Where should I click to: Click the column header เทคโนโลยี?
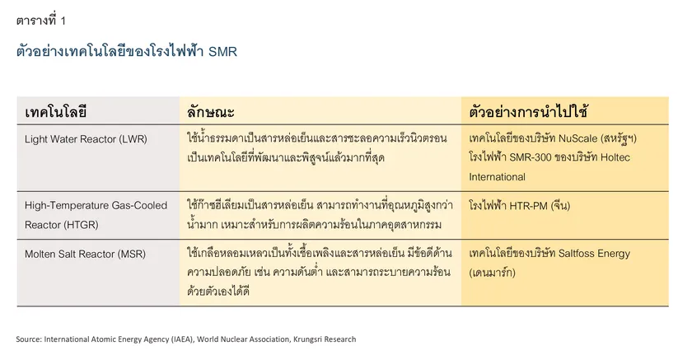coord(56,111)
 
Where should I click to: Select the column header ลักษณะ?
coord(211,111)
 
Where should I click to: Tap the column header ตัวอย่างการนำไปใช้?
coord(528,111)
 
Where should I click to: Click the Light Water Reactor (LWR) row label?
coord(86,139)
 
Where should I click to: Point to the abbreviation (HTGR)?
coord(80,225)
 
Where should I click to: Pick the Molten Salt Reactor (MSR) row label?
coord(85,254)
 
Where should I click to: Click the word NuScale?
coord(577,138)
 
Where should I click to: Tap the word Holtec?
coord(615,157)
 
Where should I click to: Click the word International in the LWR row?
coord(497,177)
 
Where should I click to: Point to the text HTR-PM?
coord(528,206)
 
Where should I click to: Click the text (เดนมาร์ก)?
coord(492,273)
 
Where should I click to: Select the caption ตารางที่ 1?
coord(41,21)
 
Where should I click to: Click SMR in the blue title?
coord(223,52)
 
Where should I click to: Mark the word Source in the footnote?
coord(29,339)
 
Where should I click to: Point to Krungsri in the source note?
coord(307,339)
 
